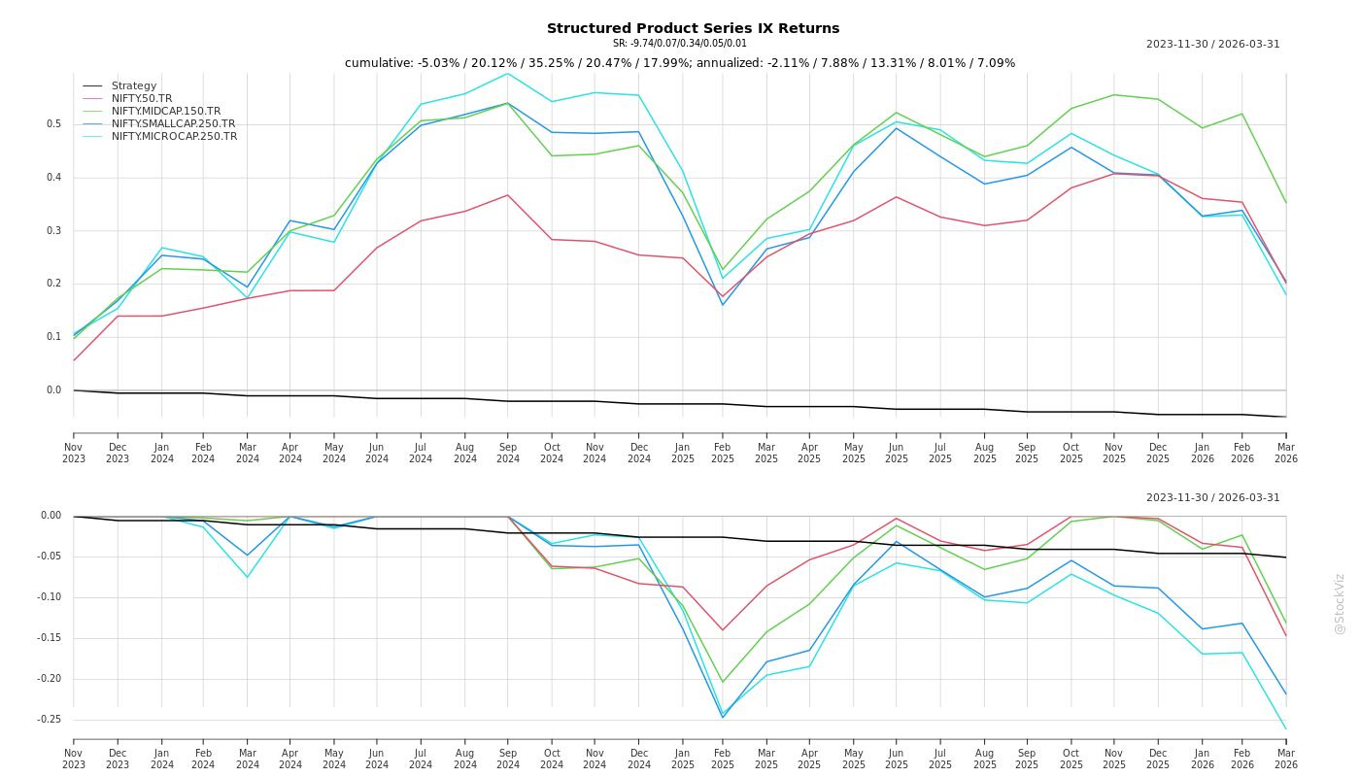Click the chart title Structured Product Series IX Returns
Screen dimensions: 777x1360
[x=693, y=29]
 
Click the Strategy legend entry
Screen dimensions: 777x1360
[x=133, y=86]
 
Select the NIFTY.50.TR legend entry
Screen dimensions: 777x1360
[x=141, y=99]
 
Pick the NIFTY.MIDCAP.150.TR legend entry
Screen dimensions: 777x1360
[x=165, y=112]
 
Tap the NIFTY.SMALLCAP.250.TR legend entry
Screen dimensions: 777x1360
[x=173, y=124]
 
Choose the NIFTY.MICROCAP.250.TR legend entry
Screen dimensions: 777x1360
[x=174, y=137]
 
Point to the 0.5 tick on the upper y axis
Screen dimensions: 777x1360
[x=54, y=124]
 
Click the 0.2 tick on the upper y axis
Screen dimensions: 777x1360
[x=54, y=284]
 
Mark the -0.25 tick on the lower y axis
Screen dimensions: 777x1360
[x=51, y=720]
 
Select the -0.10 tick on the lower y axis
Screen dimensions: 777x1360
[x=51, y=597]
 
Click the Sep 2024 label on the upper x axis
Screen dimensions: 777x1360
[x=508, y=453]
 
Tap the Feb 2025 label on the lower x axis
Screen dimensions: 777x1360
[x=723, y=759]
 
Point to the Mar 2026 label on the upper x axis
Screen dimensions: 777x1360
[x=1285, y=453]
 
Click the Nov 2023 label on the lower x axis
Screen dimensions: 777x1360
[x=74, y=759]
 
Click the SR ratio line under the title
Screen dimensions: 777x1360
[x=680, y=44]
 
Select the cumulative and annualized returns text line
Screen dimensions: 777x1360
[x=680, y=64]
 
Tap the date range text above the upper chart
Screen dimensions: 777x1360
[x=1212, y=45]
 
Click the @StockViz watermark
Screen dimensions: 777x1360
[x=1340, y=603]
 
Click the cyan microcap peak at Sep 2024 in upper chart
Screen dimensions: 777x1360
[x=507, y=74]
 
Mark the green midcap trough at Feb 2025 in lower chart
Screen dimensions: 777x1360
[x=723, y=682]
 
